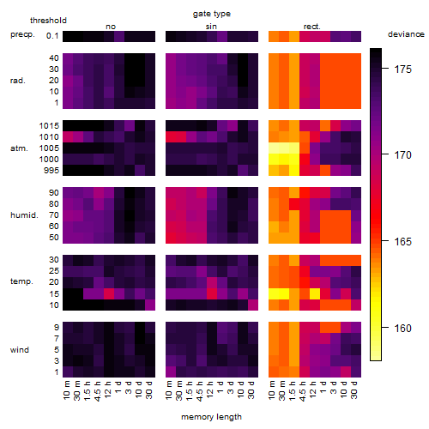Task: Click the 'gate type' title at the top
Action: point(212,14)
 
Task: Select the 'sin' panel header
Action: point(211,27)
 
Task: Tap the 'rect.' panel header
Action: point(311,27)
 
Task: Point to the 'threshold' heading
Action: point(48,21)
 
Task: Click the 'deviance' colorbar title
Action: point(406,34)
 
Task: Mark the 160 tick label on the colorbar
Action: point(402,328)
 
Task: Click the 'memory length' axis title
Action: point(211,417)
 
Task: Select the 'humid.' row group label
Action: point(24,215)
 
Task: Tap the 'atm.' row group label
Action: point(19,148)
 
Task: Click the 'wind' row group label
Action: point(20,350)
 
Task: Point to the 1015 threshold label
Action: point(49,126)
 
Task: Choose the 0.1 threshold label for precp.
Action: point(52,36)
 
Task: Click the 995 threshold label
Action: point(51,171)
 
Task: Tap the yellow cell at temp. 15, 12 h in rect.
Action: point(315,293)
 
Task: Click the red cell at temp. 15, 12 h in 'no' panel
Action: point(109,293)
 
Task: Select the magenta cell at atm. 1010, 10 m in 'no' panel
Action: point(68,137)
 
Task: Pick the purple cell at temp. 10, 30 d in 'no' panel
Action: point(150,305)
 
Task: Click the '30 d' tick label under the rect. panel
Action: point(354,390)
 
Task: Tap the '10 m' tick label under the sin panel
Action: point(169,390)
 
